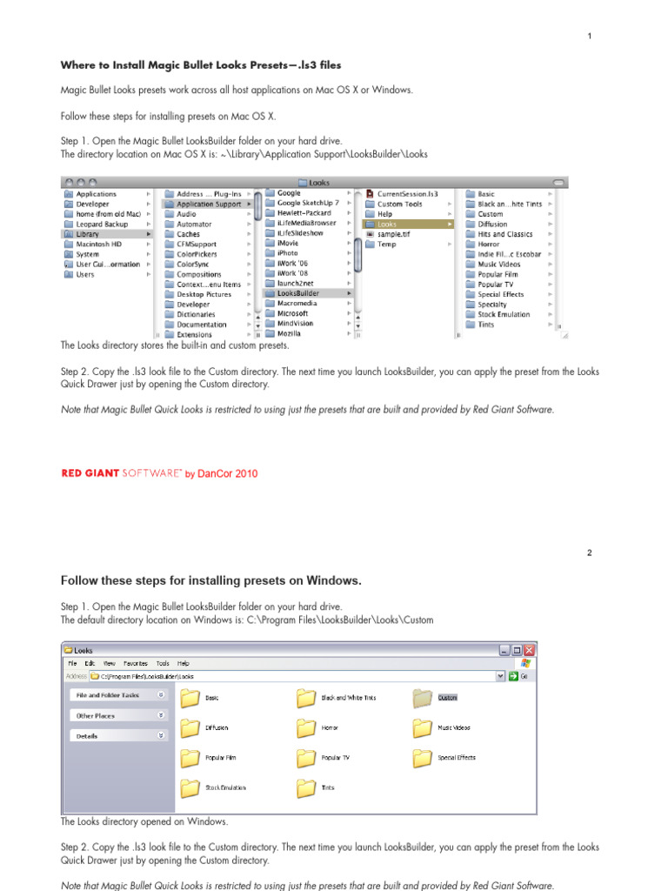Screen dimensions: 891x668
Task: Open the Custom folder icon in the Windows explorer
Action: (423, 698)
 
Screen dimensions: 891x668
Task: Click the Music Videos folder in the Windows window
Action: (423, 727)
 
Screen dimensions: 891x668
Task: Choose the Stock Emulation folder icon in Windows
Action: (190, 787)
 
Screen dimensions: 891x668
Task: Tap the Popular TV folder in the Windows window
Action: (306, 757)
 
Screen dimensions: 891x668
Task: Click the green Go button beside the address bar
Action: (513, 675)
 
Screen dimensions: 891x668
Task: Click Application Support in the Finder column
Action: (209, 204)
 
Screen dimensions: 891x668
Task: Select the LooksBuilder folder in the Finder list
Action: (297, 294)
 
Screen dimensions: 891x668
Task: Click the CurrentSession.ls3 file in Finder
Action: (406, 194)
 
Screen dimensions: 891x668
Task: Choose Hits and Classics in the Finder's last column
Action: (504, 234)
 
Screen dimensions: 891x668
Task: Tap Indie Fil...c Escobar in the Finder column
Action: (509, 254)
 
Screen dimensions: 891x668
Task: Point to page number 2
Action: (589, 553)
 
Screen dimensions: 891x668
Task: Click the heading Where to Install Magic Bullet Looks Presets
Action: (200, 65)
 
